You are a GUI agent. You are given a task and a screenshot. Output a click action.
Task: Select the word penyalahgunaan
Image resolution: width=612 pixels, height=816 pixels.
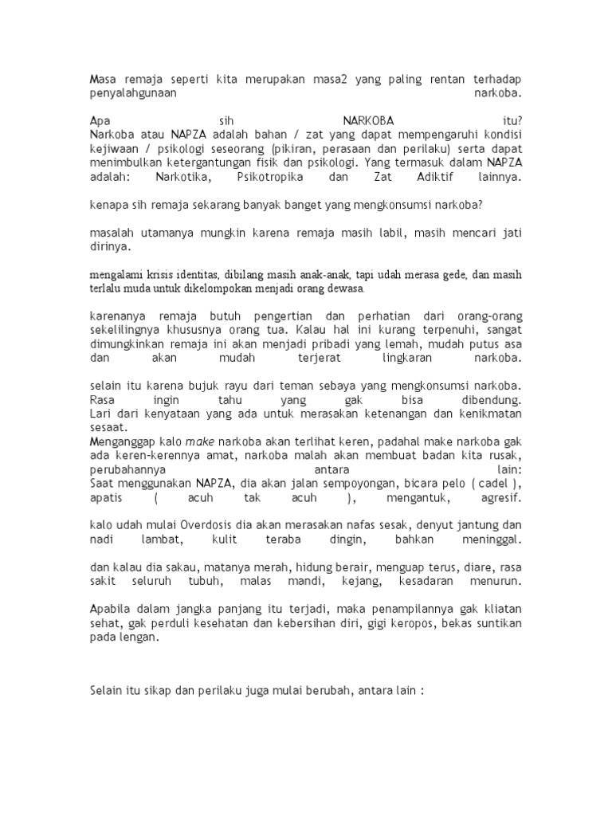[x=132, y=93]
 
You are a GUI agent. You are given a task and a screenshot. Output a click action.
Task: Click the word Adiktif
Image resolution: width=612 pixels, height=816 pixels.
[x=430, y=177]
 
